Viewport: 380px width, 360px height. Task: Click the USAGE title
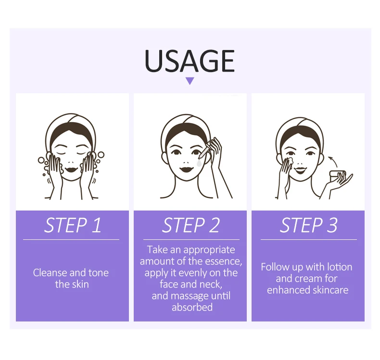[x=190, y=61]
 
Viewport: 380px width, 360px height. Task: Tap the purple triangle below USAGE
[x=190, y=81]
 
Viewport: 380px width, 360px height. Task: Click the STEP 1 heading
[x=73, y=225]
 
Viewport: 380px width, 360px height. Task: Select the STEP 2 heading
[x=190, y=225]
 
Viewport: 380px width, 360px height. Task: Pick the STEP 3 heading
[x=308, y=225]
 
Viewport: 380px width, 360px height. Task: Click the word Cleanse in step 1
[x=50, y=273]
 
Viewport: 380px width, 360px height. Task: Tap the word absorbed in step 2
[x=192, y=307]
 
